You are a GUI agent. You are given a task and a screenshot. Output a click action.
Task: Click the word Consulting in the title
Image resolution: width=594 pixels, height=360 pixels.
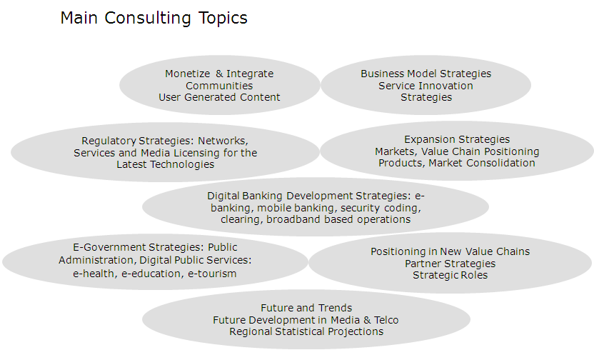tap(148, 19)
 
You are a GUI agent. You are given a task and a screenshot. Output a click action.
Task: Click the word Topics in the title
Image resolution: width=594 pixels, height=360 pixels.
tap(223, 18)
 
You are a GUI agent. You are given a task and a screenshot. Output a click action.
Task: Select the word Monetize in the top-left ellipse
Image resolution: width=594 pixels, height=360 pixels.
tap(188, 74)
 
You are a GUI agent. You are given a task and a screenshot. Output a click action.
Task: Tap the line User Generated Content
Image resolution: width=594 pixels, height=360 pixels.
tap(219, 97)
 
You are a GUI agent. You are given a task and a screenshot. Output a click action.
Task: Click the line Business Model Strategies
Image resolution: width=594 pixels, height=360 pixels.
tap(426, 74)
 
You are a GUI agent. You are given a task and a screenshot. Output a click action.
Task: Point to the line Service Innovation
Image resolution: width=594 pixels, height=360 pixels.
tap(426, 86)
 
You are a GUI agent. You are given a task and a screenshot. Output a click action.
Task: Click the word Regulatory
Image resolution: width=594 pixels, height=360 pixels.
tap(109, 141)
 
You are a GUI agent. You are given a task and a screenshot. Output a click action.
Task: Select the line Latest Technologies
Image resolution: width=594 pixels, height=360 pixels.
tap(165, 164)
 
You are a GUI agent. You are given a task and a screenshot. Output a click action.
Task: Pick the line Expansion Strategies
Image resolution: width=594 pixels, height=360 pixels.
tap(457, 140)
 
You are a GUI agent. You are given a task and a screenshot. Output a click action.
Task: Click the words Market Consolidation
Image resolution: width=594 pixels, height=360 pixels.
tap(482, 163)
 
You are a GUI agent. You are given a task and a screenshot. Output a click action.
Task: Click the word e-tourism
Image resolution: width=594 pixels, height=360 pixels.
tap(212, 274)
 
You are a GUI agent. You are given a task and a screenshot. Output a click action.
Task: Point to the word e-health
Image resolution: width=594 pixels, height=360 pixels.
tap(95, 274)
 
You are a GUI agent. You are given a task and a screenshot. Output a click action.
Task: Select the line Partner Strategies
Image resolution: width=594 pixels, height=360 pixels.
tap(450, 264)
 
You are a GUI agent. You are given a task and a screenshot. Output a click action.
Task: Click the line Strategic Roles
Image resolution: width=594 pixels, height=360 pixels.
tap(450, 276)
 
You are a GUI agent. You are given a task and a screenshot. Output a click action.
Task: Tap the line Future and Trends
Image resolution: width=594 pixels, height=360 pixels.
tap(306, 308)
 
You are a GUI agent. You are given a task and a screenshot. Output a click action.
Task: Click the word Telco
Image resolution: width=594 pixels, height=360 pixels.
tap(386, 320)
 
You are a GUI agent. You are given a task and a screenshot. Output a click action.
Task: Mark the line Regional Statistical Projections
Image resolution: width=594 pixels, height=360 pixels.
tap(306, 332)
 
